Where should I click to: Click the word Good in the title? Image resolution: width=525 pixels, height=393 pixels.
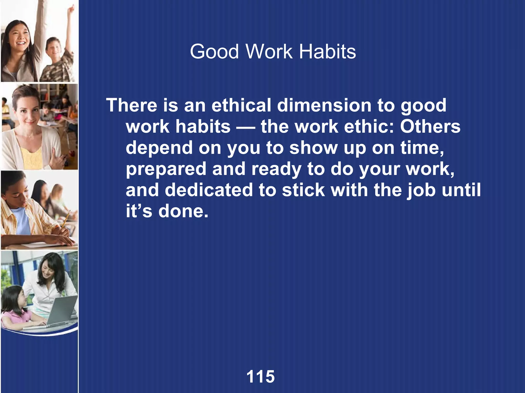pyautogui.click(x=214, y=52)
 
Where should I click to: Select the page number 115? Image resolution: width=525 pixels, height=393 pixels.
pyautogui.click(x=260, y=377)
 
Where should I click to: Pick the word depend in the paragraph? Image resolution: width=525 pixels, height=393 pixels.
pyautogui.click(x=159, y=148)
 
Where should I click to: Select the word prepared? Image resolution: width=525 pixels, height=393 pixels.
pyautogui.click(x=166, y=169)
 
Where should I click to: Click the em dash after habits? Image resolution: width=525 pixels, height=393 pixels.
pyautogui.click(x=246, y=127)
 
